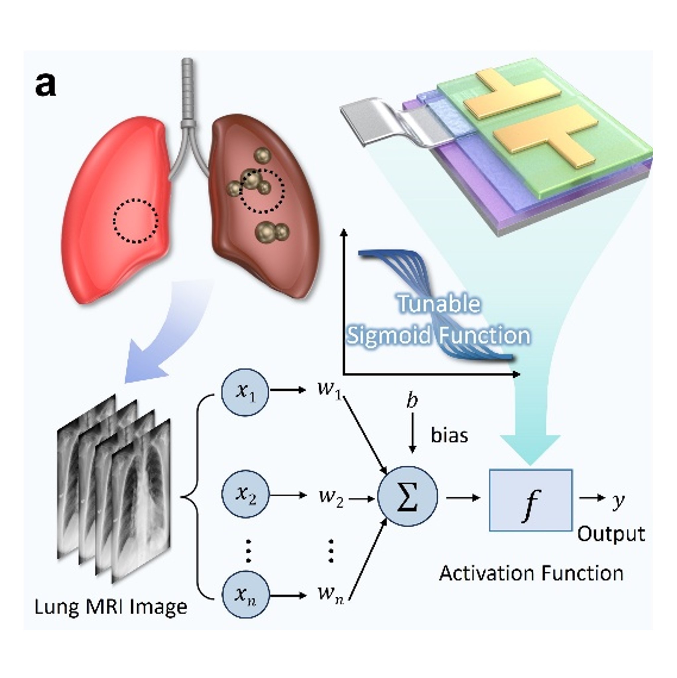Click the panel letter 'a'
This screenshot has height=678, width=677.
(45, 86)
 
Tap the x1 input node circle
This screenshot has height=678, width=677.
(245, 392)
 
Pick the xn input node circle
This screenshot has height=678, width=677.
(245, 595)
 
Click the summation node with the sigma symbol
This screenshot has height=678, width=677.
(407, 496)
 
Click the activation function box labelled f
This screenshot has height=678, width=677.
(530, 500)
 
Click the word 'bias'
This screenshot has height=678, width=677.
(449, 435)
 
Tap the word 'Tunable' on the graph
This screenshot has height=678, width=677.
(439, 304)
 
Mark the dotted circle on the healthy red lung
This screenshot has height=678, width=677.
(136, 221)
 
